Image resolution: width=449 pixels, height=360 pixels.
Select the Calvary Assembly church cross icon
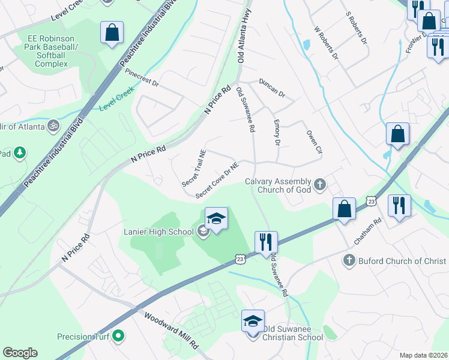[319, 184]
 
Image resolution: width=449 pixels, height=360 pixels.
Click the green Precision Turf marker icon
[118, 337]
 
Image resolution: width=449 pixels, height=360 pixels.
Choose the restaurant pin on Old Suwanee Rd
[265, 242]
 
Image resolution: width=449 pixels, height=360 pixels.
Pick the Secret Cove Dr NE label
[217, 179]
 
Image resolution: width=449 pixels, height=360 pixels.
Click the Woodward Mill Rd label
[170, 329]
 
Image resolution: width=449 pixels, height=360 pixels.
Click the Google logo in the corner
[20, 353]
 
